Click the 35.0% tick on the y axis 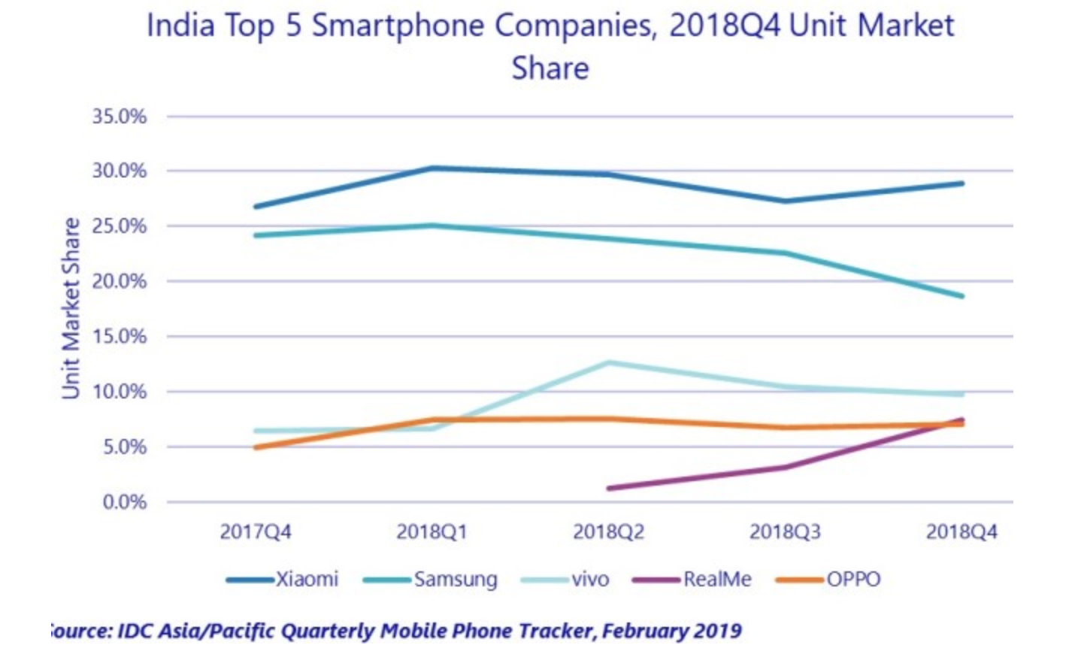point(120,117)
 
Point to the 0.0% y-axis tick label point(125,502)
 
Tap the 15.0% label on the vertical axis point(120,337)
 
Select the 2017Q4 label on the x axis point(256,532)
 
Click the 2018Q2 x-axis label point(608,532)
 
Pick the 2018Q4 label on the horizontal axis point(961,532)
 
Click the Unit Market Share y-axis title point(71,308)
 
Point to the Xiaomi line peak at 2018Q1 point(432,168)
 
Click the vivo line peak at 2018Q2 point(608,363)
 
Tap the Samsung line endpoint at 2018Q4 point(961,296)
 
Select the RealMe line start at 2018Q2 point(609,488)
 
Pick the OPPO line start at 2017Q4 point(256,447)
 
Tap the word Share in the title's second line point(550,68)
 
